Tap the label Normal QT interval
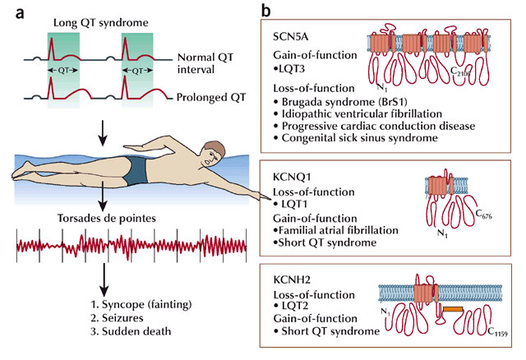point(206,67)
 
